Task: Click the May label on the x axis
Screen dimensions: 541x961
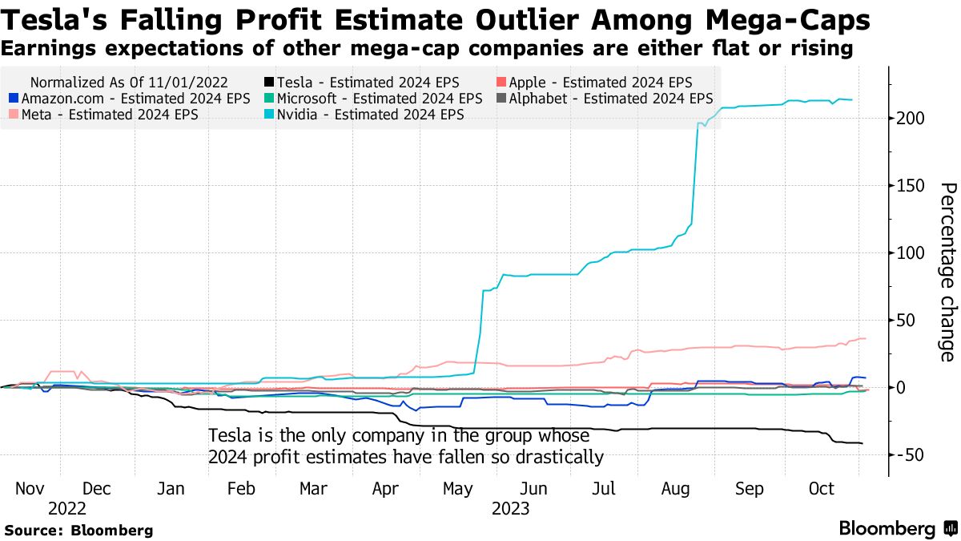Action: pos(458,489)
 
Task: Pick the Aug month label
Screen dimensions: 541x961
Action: pos(678,489)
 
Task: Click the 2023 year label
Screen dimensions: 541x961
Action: pos(511,508)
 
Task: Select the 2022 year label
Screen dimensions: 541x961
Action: pos(66,508)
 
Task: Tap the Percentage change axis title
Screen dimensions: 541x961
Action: pos(947,272)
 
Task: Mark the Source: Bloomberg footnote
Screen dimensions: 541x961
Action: pos(78,530)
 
